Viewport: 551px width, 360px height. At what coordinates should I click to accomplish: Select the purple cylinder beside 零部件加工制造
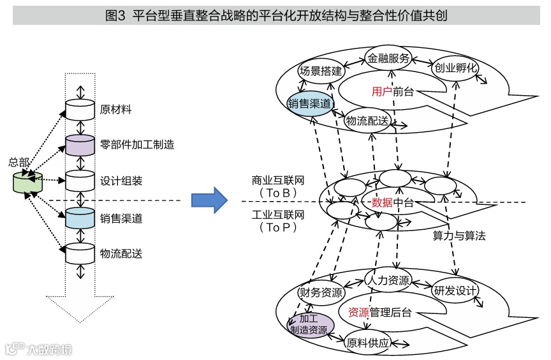click(80, 146)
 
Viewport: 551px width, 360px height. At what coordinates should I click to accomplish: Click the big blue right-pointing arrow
click(210, 200)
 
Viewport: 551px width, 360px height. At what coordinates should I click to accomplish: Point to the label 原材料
click(116, 109)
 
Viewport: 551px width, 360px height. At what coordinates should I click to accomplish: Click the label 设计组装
click(121, 181)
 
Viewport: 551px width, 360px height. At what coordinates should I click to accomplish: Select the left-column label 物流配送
click(121, 253)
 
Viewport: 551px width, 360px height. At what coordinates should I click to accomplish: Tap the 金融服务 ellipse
click(388, 58)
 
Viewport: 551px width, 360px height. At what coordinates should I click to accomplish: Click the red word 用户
click(381, 92)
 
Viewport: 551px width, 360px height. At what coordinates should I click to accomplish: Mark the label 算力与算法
click(459, 236)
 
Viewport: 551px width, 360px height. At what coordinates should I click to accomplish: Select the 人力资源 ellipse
click(388, 280)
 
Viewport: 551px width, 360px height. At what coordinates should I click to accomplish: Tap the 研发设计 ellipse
click(455, 291)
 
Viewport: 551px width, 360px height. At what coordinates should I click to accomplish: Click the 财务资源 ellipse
click(321, 293)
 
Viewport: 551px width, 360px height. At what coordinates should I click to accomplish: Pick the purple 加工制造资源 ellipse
click(309, 324)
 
